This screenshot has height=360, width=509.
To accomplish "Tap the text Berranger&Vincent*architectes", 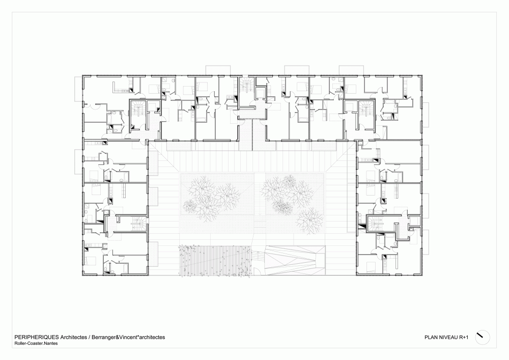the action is tap(128, 337).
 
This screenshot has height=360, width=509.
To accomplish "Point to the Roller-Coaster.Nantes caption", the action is tap(36, 343).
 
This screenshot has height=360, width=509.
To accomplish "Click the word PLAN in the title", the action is tap(431, 337).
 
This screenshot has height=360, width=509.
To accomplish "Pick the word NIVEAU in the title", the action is tap(448, 337).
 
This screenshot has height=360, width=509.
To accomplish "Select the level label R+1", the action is tap(464, 337).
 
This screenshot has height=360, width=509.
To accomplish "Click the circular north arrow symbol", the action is tap(483, 338).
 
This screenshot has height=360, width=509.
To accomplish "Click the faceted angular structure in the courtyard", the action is tap(295, 260).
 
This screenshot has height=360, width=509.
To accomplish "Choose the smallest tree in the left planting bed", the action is tap(190, 206).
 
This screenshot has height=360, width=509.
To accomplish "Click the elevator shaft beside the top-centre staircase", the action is tap(261, 93).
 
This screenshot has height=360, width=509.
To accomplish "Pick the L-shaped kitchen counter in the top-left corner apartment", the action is tap(120, 87).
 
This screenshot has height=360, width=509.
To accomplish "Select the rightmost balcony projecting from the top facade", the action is tap(352, 70).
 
